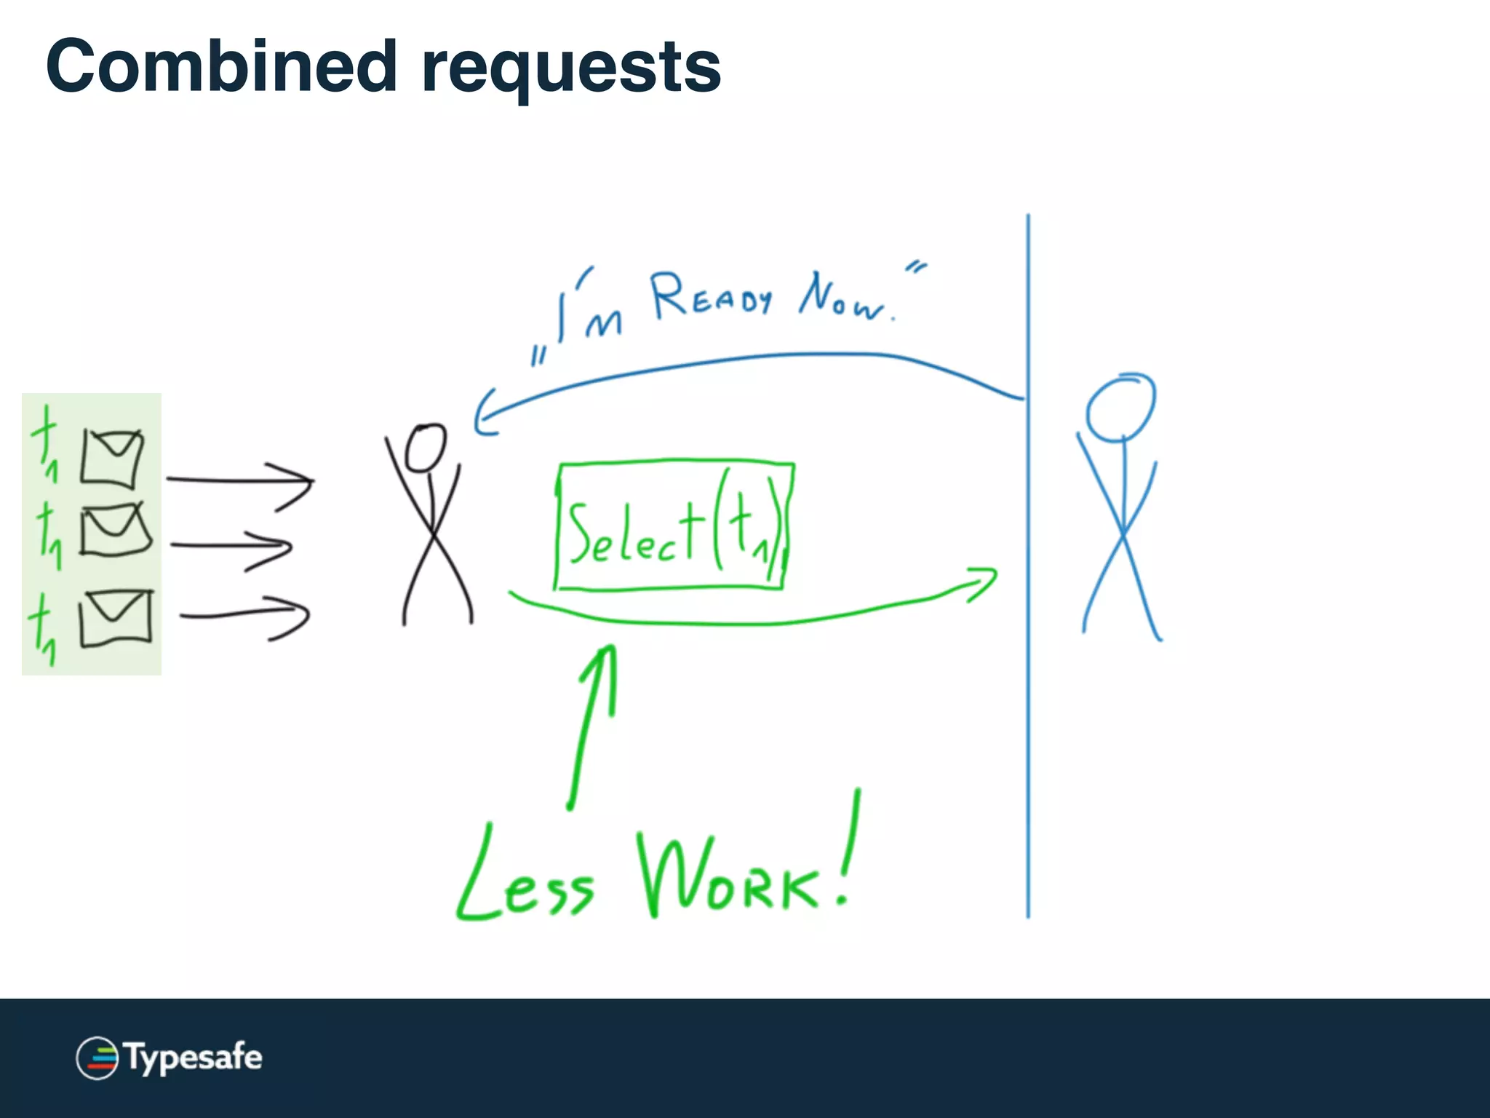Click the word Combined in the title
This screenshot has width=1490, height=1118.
221,67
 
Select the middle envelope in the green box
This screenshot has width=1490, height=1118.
115,530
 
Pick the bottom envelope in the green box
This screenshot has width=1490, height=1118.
116,618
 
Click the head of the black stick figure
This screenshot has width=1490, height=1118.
425,448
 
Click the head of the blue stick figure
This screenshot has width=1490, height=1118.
1120,408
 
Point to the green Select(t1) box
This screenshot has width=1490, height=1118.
674,525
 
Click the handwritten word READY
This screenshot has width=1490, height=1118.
711,296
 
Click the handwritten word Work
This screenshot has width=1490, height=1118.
728,878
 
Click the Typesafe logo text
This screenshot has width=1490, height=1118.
194,1057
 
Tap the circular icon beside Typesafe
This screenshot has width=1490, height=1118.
97,1058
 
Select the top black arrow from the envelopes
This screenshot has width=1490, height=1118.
240,480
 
